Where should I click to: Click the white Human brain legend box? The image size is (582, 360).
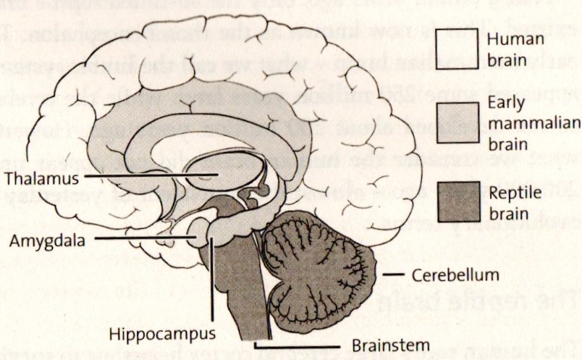[x=457, y=47]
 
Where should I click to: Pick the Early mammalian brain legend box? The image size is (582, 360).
[x=457, y=123]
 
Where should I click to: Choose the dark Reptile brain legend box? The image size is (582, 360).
[x=457, y=201]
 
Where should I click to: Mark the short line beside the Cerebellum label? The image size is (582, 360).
[x=394, y=275]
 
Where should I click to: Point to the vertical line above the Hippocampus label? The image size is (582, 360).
[x=213, y=282]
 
